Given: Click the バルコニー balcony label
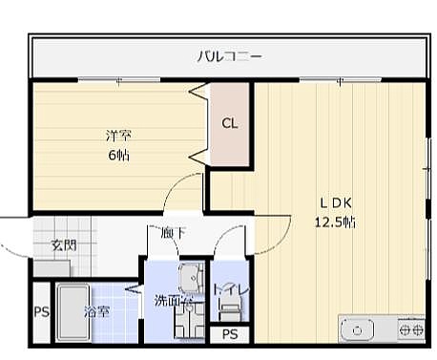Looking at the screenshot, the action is pyautogui.click(x=230, y=56).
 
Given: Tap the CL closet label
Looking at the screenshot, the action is pyautogui.click(x=230, y=123).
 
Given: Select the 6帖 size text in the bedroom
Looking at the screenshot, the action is pyautogui.click(x=118, y=155).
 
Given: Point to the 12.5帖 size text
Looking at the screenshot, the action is pyautogui.click(x=335, y=222).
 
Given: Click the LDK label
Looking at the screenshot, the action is pyautogui.click(x=336, y=202).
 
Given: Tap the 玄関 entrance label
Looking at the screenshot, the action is pyautogui.click(x=64, y=245).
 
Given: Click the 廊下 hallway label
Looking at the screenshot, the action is pyautogui.click(x=173, y=233).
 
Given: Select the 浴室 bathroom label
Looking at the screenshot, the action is pyautogui.click(x=97, y=311).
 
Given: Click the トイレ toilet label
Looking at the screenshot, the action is pyautogui.click(x=231, y=290).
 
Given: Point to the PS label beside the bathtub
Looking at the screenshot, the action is pyautogui.click(x=42, y=311).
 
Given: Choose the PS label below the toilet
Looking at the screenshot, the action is pyautogui.click(x=230, y=334).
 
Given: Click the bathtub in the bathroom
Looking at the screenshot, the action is pyautogui.click(x=73, y=313).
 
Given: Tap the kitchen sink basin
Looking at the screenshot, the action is pyautogui.click(x=357, y=330).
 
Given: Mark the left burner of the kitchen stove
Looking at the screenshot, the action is pyautogui.click(x=405, y=329).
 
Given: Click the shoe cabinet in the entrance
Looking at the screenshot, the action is pyautogui.click(x=52, y=268).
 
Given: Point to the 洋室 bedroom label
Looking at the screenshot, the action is pyautogui.click(x=118, y=136).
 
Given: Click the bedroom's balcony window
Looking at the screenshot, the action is pyautogui.click(x=118, y=79).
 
